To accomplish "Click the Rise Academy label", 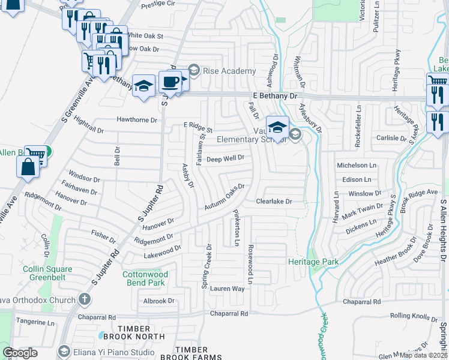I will (x=221, y=71).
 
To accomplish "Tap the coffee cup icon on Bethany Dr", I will (x=170, y=82).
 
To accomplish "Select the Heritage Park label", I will (x=313, y=262).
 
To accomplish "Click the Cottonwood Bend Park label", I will (x=143, y=278).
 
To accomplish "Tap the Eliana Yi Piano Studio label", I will (x=114, y=351).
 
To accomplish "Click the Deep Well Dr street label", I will (x=225, y=158).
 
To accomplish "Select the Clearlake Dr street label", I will (x=274, y=202).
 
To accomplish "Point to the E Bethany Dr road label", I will (x=275, y=95).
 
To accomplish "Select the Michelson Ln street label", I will (x=356, y=164).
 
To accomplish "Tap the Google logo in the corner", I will (x=20, y=353).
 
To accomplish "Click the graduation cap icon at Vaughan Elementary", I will (x=277, y=127).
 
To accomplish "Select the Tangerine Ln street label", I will (x=35, y=322).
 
